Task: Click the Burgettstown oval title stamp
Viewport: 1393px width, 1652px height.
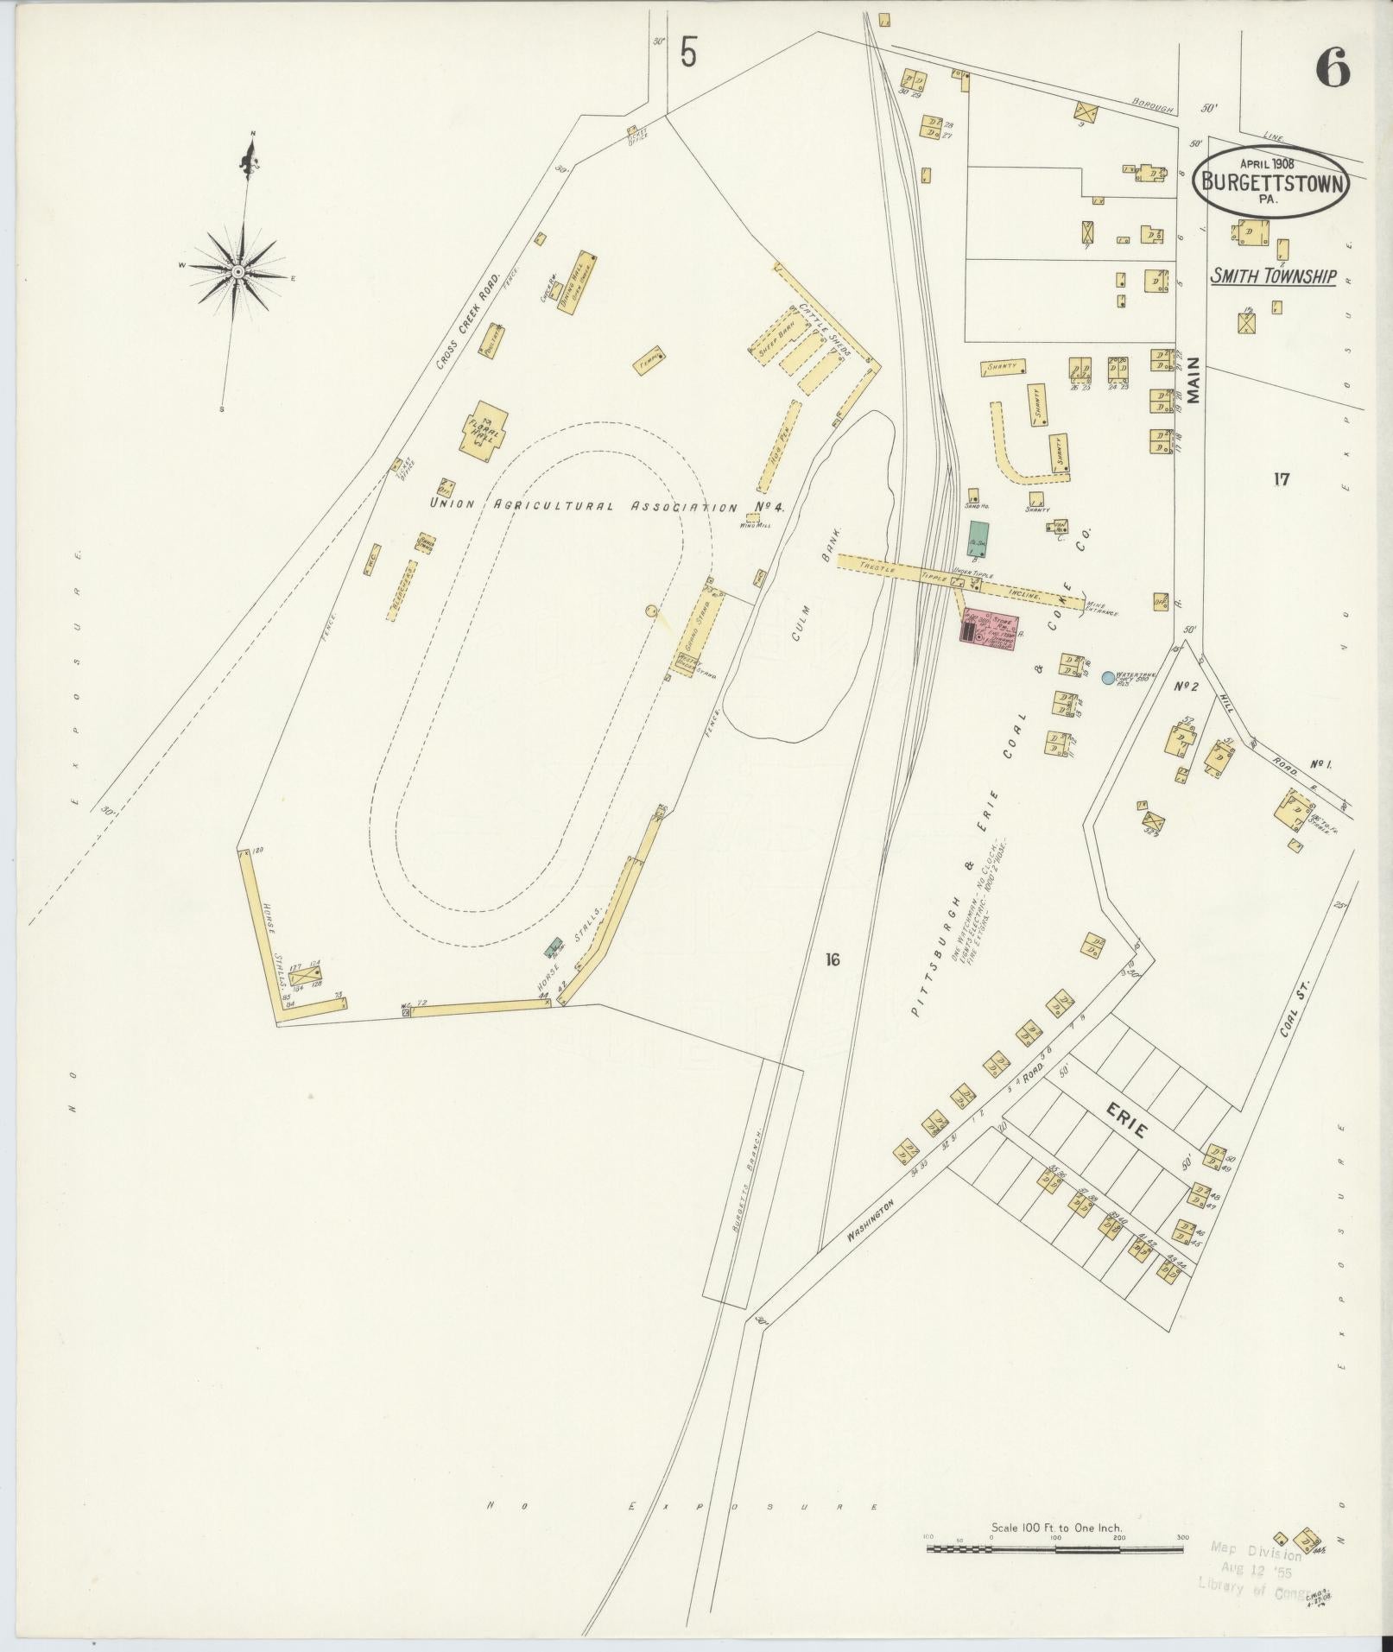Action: pos(1272,180)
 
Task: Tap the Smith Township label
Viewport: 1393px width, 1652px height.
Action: pos(1272,277)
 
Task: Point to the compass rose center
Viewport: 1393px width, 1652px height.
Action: pos(237,271)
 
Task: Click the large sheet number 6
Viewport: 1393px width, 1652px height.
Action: pos(1333,68)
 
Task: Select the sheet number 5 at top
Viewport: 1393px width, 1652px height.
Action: pos(687,54)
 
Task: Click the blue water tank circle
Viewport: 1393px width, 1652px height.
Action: pos(1108,678)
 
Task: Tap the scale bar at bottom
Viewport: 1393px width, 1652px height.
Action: pos(1054,944)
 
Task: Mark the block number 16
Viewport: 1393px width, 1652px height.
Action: pos(832,959)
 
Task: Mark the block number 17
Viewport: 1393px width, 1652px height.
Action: pos(1280,478)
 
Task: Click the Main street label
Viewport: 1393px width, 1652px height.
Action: pos(1194,380)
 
